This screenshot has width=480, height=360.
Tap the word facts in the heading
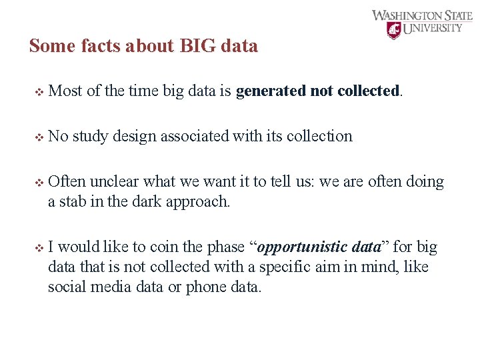click(x=90, y=46)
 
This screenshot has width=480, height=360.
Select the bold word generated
click(x=271, y=91)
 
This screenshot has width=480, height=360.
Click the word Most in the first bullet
click(x=65, y=91)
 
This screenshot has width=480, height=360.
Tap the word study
click(x=90, y=137)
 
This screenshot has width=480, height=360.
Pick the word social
click(x=65, y=287)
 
